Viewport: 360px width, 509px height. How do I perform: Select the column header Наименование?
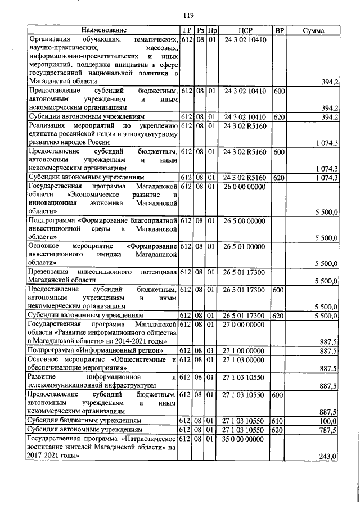click(103, 30)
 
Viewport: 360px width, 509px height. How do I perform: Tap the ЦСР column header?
click(244, 30)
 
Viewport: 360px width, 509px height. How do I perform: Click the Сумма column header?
click(313, 30)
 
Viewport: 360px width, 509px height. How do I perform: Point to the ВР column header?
click(278, 30)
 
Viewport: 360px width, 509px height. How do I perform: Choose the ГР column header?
click(187, 30)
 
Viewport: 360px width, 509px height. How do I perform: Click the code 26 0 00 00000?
click(244, 185)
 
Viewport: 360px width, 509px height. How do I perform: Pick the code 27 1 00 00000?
click(244, 350)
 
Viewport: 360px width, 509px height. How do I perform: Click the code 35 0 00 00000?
click(244, 438)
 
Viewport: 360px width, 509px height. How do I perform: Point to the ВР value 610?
click(278, 420)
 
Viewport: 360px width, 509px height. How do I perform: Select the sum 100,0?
click(328, 421)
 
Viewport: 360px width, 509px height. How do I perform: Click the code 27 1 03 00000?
click(244, 359)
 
